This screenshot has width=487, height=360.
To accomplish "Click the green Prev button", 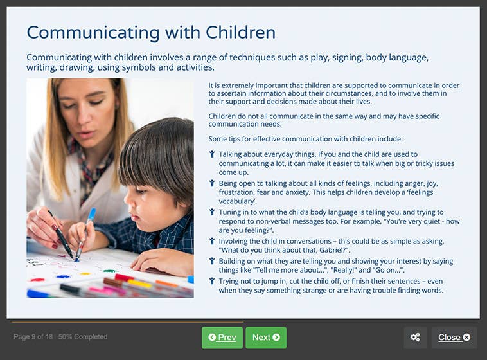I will click(222, 337).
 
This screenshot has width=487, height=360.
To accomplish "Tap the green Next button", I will click(266, 337).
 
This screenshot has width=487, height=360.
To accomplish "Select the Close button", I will click(454, 337).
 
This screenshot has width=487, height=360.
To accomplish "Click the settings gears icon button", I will click(415, 337).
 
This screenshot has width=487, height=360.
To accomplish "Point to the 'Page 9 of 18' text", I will click(33, 337).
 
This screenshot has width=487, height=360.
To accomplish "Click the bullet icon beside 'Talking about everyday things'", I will click(212, 154).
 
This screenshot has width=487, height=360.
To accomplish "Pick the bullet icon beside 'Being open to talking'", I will click(212, 183).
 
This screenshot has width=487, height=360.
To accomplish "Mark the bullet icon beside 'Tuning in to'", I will click(212, 212).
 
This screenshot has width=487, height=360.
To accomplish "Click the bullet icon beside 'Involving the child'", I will click(212, 241).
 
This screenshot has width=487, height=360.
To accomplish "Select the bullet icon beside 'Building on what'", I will click(212, 262).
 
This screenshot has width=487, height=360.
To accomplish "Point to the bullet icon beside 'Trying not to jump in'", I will click(212, 282).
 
